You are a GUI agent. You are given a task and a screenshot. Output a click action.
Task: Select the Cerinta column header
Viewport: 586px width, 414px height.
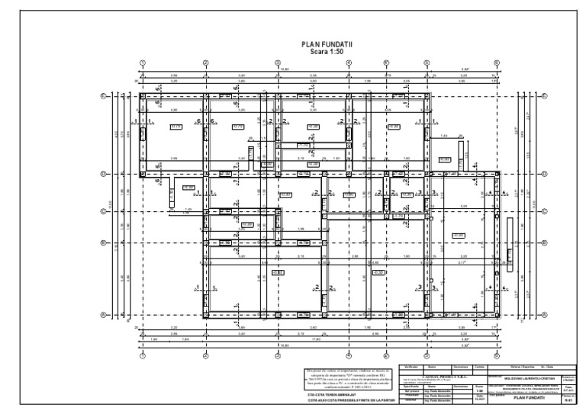coord(480,367)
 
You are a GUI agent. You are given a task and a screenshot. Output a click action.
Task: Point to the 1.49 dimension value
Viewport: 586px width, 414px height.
coord(444,136)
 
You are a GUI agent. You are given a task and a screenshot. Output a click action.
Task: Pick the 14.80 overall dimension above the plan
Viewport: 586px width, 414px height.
coord(285,69)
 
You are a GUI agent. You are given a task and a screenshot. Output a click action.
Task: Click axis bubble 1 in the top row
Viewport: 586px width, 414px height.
coord(143,63)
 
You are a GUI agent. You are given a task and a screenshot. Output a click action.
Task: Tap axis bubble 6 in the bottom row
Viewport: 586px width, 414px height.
coord(497,355)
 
